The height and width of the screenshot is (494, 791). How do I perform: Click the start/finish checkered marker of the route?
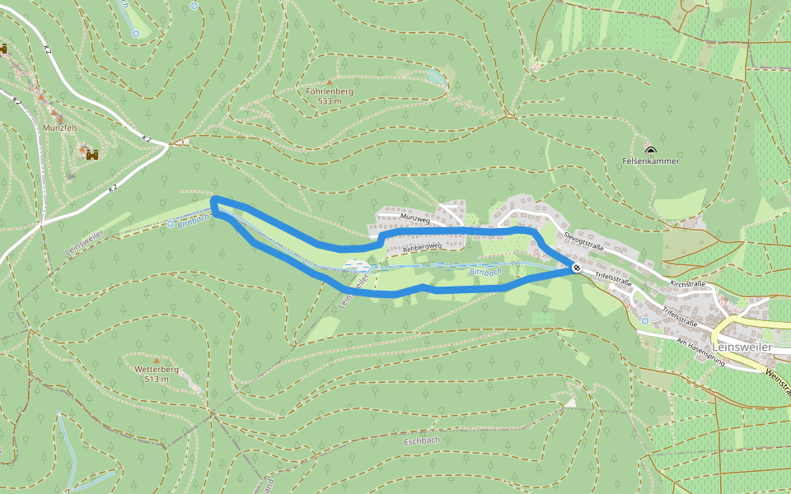point(577,268)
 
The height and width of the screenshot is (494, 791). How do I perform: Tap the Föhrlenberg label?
point(330,91)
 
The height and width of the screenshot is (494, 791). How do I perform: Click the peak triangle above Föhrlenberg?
point(330,82)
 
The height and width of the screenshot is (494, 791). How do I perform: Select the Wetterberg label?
point(156,370)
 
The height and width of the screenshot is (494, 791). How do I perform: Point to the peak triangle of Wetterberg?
point(156,360)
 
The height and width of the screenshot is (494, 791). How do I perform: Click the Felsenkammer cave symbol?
point(651,151)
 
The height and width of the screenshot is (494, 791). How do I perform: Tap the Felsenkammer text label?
point(651,161)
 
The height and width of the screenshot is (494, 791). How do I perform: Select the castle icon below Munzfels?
point(91,154)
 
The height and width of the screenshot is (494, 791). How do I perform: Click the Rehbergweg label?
point(424,246)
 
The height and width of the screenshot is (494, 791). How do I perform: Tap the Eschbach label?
point(421,440)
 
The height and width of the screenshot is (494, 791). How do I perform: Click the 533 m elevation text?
point(330,101)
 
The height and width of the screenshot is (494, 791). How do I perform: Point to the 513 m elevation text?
point(156,380)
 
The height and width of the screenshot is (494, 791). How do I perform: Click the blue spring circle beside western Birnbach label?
point(171,223)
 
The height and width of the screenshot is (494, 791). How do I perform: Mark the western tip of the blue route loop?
point(213,202)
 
